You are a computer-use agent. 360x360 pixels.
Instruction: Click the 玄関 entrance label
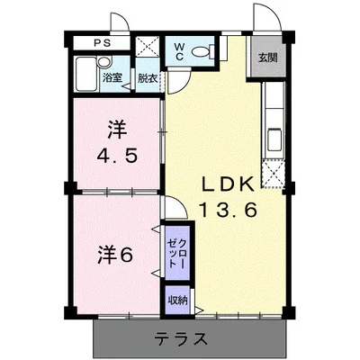pos(268,58)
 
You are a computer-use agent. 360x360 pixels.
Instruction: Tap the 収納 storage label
pos(176,300)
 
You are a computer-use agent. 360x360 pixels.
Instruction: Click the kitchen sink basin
pos(274,141)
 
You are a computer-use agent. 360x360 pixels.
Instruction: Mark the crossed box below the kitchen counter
pos(273,171)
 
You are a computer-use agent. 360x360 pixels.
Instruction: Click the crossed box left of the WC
pos(148,49)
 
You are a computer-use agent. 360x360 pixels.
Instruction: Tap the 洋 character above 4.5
pos(117,129)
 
